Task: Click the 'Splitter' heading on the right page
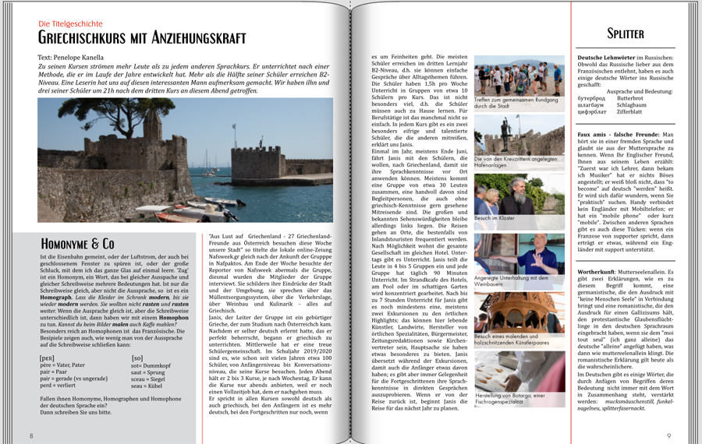pyautogui.click(x=626, y=33)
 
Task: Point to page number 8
pyautogui.click(x=31, y=435)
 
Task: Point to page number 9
pyautogui.click(x=668, y=435)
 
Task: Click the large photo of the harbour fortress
pyautogui.click(x=185, y=160)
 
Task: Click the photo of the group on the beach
pyautogui.click(x=519, y=76)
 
